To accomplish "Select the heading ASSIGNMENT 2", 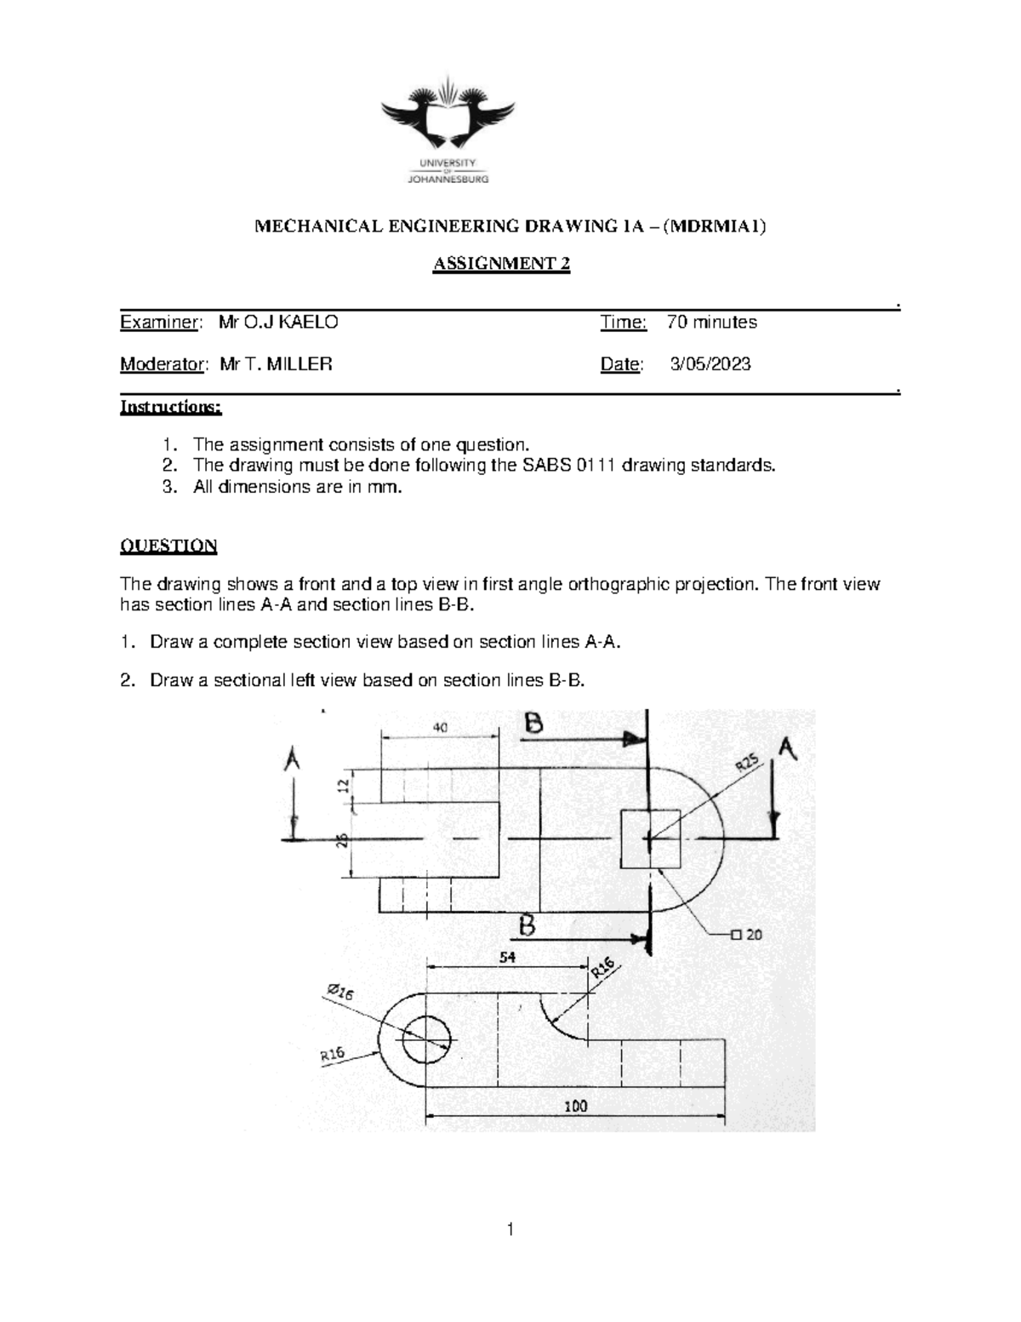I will tap(501, 264).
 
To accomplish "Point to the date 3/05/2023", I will tap(710, 364).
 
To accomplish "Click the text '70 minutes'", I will tap(712, 323).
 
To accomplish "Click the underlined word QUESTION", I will tap(168, 546).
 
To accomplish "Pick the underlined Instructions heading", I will tap(171, 407).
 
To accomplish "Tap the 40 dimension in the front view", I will tap(440, 728).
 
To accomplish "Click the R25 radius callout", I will tap(746, 764).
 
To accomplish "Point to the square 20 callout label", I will tap(746, 934).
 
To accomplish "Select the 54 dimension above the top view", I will tap(507, 957).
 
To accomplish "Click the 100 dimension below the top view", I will tap(576, 1107).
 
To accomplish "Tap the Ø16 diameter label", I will tap(339, 993).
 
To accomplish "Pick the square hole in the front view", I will tap(651, 839).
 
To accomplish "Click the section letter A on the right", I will tap(788, 749).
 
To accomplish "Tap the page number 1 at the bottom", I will tap(510, 1228).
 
